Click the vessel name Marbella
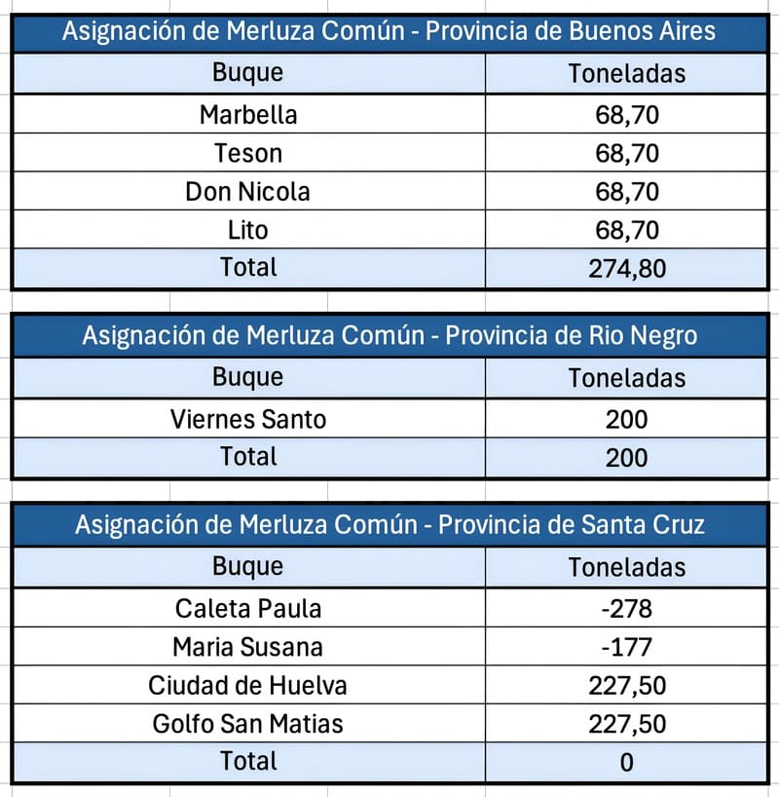click(248, 114)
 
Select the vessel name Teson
click(248, 153)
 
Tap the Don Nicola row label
click(247, 192)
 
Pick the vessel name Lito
click(248, 230)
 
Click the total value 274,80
click(627, 268)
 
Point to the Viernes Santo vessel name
click(248, 419)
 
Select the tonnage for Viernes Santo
click(626, 419)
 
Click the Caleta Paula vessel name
click(248, 608)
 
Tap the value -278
click(626, 608)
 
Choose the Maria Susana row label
click(247, 647)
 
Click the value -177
click(626, 647)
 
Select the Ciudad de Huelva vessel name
click(247, 685)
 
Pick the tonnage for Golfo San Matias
click(627, 724)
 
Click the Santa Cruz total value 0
click(626, 762)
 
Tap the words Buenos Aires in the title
click(643, 30)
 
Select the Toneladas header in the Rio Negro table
click(626, 378)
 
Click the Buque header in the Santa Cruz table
click(247, 566)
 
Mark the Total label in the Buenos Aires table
click(248, 267)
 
